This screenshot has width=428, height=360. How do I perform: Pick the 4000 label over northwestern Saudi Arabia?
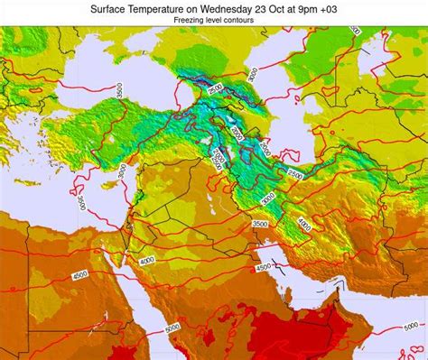pyautogui.click(x=147, y=260)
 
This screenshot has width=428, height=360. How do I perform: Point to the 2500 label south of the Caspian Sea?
pyautogui.click(x=294, y=176)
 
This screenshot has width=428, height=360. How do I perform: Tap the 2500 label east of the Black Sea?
pyautogui.click(x=214, y=89)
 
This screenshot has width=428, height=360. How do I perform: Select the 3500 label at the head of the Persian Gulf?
pyautogui.click(x=260, y=224)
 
